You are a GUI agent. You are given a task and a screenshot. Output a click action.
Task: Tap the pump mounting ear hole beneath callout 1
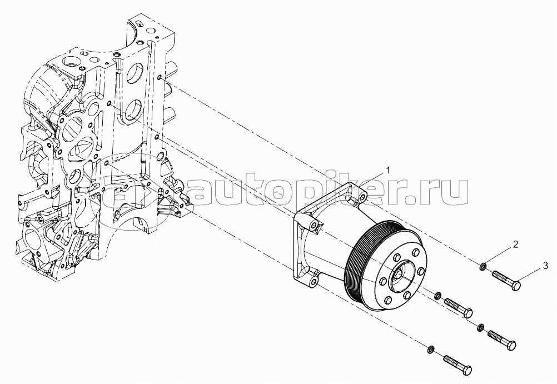pos(362,198)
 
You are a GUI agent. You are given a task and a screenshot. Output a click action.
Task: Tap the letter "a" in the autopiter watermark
pos(206,192)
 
